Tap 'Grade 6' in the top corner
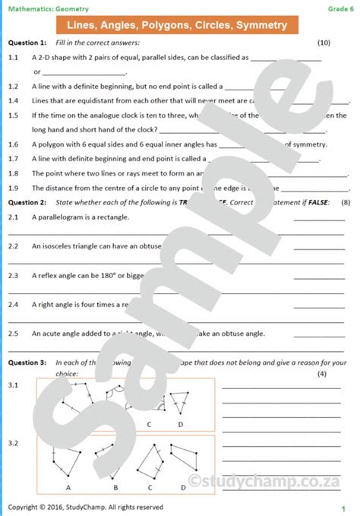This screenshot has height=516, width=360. [339, 8]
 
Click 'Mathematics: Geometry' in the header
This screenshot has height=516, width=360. [49, 8]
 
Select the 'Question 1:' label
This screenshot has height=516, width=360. [27, 43]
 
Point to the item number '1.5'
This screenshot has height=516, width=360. [13, 115]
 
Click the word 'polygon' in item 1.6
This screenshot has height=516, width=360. [50, 144]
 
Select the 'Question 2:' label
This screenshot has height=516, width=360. [27, 203]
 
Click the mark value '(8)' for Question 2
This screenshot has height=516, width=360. [346, 203]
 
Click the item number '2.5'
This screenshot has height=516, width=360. [13, 333]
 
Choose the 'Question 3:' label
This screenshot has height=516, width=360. [27, 362]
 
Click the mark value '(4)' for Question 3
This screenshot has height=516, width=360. [321, 374]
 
